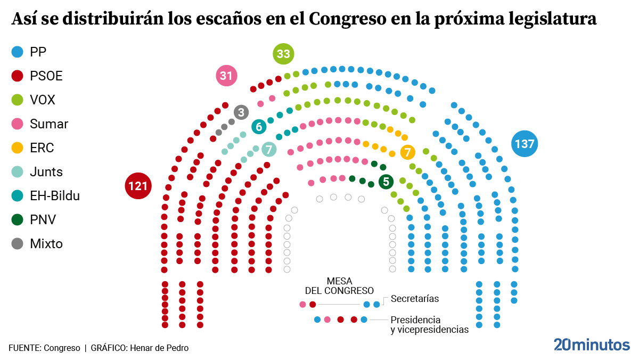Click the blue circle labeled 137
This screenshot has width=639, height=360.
point(524,144)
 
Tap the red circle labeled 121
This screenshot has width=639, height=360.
point(138,186)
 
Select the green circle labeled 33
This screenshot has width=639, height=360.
point(283,54)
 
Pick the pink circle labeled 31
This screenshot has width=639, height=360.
point(226,76)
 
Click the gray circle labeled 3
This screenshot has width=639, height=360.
point(241,112)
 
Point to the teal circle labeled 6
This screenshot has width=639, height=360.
point(259,127)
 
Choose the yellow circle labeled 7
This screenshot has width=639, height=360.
point(407,152)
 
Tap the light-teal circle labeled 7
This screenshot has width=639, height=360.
point(269,150)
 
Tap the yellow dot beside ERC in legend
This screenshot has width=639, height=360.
point(18,148)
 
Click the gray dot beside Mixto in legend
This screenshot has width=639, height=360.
point(18,244)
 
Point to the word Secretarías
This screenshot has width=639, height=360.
point(415,299)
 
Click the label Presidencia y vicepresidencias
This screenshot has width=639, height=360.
point(429,324)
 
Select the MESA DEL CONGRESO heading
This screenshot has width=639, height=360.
point(339,286)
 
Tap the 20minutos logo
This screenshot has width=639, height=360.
point(592,345)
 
